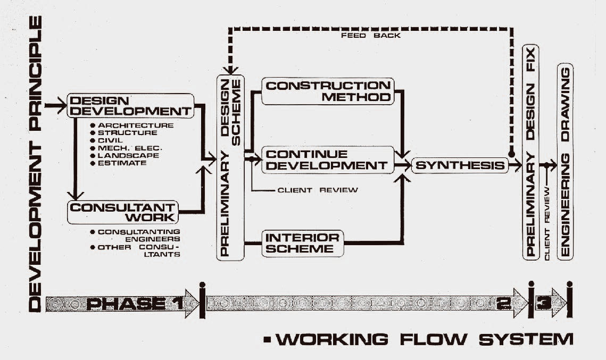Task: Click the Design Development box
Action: pyautogui.click(x=130, y=105)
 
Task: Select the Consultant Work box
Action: pyautogui.click(x=122, y=212)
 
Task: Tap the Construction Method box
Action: pyautogui.click(x=328, y=91)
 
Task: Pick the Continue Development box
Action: pyautogui.click(x=328, y=159)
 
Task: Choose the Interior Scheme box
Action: pyautogui.click(x=302, y=242)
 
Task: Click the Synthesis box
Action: pyautogui.click(x=460, y=165)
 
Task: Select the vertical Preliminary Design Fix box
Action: pyautogui.click(x=530, y=152)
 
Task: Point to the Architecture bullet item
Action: pyautogui.click(x=136, y=125)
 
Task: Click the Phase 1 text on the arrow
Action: pyautogui.click(x=134, y=304)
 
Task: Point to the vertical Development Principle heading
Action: pyautogui.click(x=35, y=164)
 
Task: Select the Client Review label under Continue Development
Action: pyautogui.click(x=318, y=190)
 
